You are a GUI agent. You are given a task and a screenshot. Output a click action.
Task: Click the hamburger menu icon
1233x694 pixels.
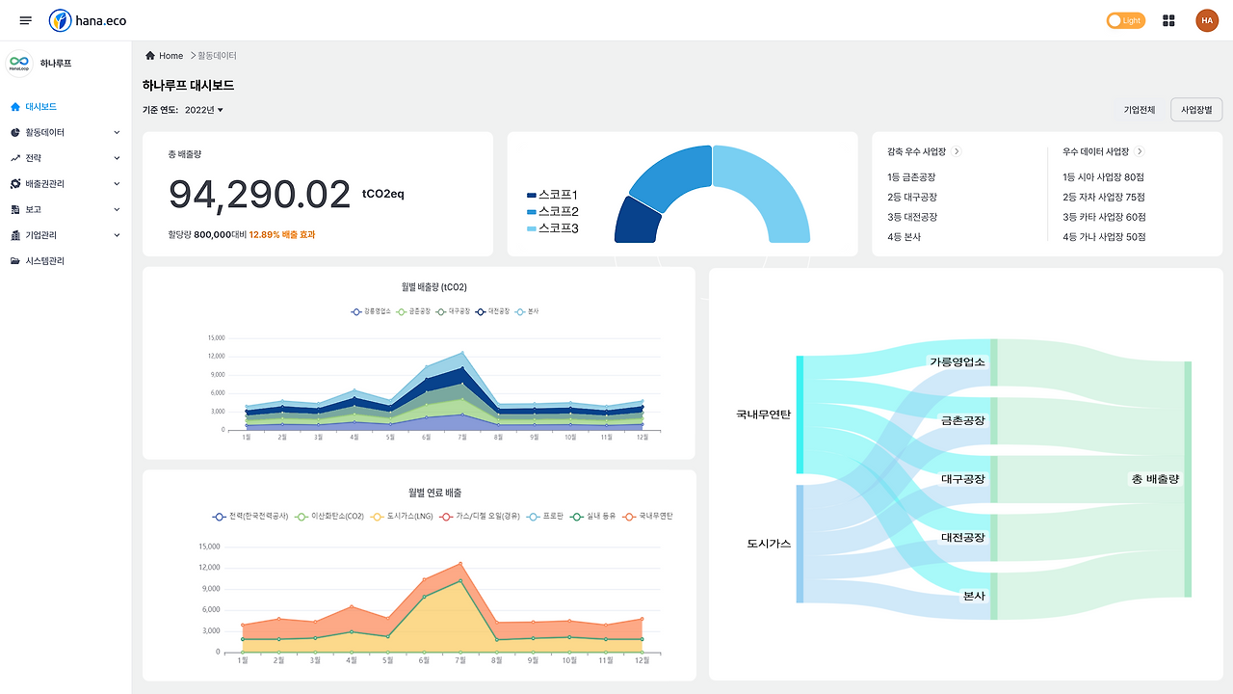pyautogui.click(x=26, y=20)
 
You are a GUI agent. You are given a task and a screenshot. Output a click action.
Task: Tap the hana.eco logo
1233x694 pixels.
pyautogui.click(x=88, y=20)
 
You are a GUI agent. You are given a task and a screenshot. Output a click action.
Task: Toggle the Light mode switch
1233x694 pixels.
pyautogui.click(x=1126, y=20)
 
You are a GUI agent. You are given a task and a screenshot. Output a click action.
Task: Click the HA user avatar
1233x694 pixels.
pyautogui.click(x=1207, y=20)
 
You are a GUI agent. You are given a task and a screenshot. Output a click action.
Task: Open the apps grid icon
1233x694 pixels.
pyautogui.click(x=1169, y=20)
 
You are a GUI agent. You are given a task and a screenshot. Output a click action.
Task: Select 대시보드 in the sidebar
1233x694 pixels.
pyautogui.click(x=40, y=107)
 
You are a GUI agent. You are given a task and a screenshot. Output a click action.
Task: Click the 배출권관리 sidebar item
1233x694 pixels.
pyautogui.click(x=46, y=183)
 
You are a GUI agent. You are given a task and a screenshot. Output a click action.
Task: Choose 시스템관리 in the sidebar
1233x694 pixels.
pyautogui.click(x=44, y=261)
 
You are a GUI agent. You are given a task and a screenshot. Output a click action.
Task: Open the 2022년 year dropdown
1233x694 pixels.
pyautogui.click(x=203, y=110)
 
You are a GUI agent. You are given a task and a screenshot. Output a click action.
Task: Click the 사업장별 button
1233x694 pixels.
pyautogui.click(x=1196, y=110)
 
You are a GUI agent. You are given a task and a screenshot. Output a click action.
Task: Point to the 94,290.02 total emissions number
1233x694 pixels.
pyautogui.click(x=260, y=195)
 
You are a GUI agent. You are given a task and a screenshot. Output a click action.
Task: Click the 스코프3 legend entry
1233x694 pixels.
pyautogui.click(x=554, y=228)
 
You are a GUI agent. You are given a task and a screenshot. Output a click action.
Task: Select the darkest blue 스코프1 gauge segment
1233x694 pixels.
pyautogui.click(x=638, y=221)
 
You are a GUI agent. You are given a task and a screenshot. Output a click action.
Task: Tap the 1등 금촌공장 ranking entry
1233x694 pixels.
pyautogui.click(x=911, y=177)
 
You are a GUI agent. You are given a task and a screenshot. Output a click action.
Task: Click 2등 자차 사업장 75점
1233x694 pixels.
pyautogui.click(x=1104, y=198)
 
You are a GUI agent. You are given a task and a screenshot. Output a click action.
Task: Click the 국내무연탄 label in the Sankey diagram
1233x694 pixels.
pyautogui.click(x=763, y=414)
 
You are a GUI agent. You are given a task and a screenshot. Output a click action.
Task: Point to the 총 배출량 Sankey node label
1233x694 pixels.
pyautogui.click(x=1155, y=479)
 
